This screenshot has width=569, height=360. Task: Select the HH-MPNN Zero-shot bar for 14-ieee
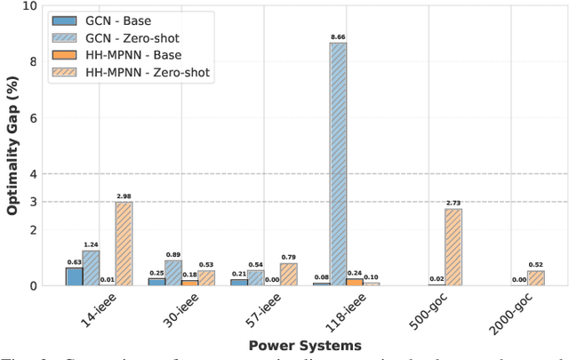tap(124, 244)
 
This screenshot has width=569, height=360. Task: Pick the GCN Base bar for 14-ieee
tap(74, 276)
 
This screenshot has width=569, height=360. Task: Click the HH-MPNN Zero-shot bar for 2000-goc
tap(536, 278)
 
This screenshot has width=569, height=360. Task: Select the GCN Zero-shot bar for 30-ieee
tap(173, 272)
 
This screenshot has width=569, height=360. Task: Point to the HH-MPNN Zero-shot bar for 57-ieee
tap(288, 274)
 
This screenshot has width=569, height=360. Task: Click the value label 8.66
tap(338, 36)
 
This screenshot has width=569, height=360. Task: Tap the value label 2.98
tap(124, 196)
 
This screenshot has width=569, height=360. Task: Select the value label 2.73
tap(453, 204)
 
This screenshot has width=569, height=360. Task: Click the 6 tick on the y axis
tap(32, 118)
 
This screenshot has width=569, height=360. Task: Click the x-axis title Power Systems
tap(306, 344)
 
